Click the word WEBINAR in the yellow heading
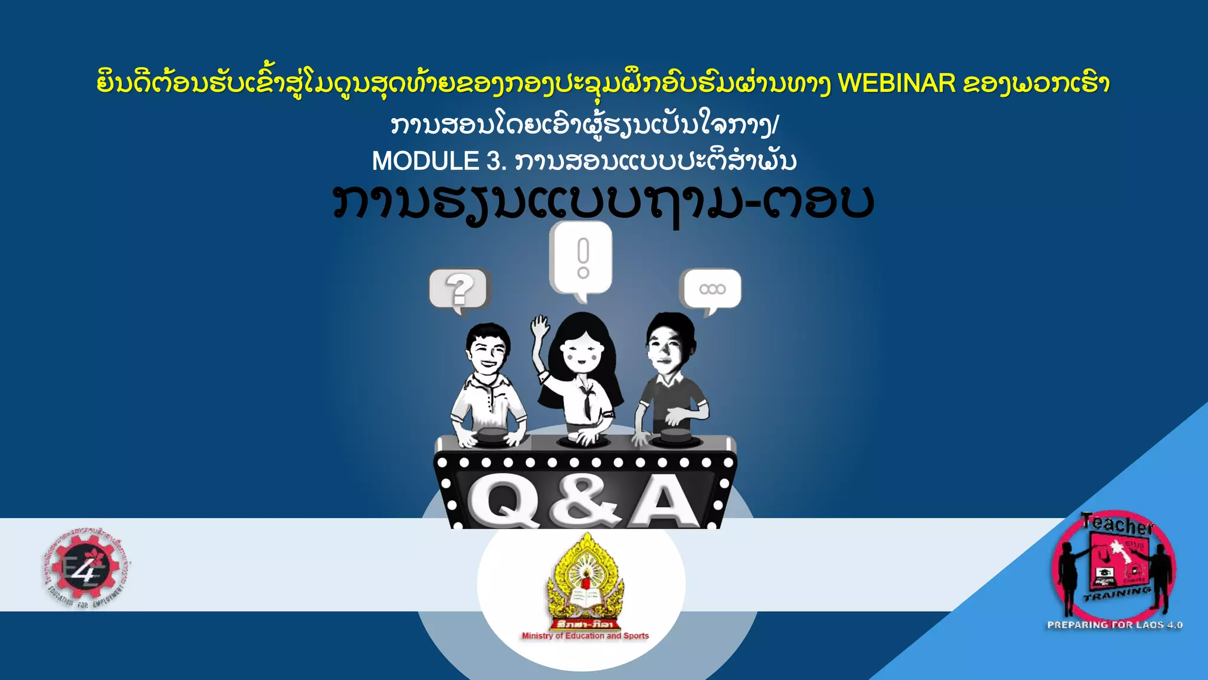(x=897, y=84)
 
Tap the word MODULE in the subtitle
(x=425, y=161)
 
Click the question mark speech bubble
(x=459, y=289)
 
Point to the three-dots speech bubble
(x=711, y=289)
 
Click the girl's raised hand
(x=539, y=326)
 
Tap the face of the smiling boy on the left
(x=487, y=351)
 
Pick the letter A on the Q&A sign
(x=664, y=503)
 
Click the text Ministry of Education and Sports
(x=585, y=636)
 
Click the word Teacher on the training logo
(x=1117, y=524)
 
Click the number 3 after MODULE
(x=494, y=161)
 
